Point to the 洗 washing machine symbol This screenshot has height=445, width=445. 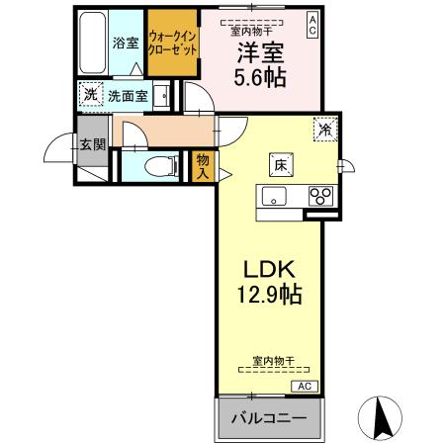pyautogui.click(x=90, y=95)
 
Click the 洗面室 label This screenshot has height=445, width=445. pyautogui.click(x=128, y=97)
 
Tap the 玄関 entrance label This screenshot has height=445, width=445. pyautogui.click(x=94, y=143)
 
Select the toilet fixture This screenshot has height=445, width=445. pyautogui.click(x=156, y=165)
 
